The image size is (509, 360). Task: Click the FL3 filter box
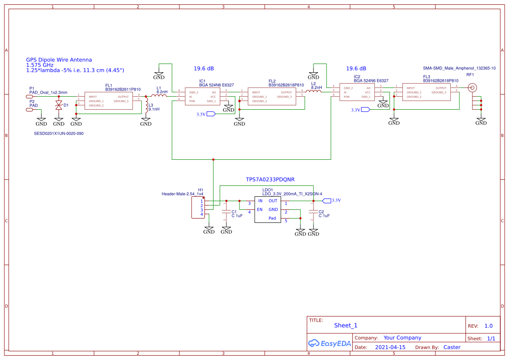point(427,92)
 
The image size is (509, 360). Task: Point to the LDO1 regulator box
point(268,209)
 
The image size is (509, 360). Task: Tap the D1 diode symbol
point(59,105)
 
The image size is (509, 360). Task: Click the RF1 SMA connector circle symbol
point(472,88)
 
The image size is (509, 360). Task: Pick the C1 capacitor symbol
point(226,212)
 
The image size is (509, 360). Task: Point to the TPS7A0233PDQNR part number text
point(270,179)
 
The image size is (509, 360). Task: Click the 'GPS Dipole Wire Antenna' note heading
point(59,60)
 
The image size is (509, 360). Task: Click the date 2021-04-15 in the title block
point(387,347)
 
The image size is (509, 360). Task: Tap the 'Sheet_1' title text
point(346,325)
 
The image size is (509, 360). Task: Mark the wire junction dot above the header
point(213,160)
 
